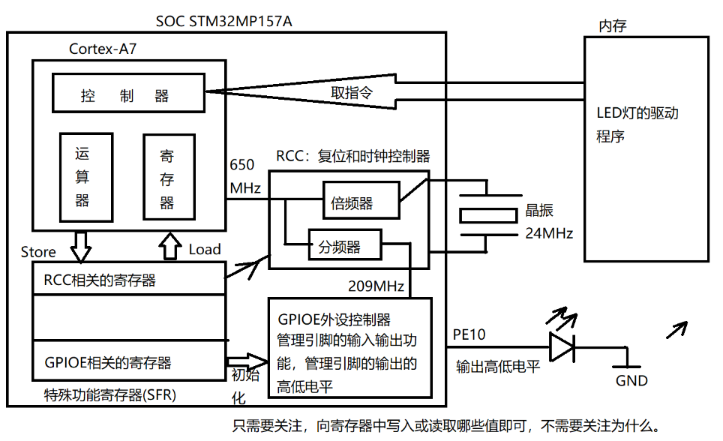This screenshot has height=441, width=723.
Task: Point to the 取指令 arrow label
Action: (x=352, y=93)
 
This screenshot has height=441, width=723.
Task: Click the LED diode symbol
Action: (x=563, y=346)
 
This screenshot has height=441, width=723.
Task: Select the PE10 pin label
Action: (x=469, y=334)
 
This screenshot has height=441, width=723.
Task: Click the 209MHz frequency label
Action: (x=376, y=286)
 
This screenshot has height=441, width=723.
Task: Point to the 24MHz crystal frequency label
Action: (x=547, y=233)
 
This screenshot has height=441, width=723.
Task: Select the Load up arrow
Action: (x=171, y=245)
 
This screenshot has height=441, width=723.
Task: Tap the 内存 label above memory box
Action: (x=611, y=27)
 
